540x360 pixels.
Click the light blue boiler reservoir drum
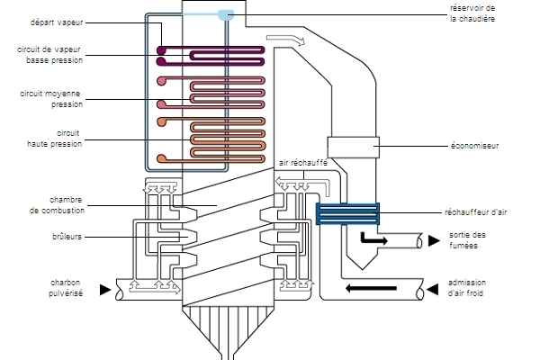pos(226,14)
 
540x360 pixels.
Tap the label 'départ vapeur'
pos(57,22)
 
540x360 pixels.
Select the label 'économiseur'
pos(474,146)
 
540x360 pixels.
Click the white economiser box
pos(353,147)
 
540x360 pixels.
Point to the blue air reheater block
pos(347,213)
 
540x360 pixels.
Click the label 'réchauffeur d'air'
pos(475,212)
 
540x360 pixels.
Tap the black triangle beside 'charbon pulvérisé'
pos(105,290)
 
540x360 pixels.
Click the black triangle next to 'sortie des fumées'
pos(434,240)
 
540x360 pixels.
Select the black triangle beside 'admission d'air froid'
pos(433,289)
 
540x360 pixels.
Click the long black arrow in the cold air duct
pos(371,288)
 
